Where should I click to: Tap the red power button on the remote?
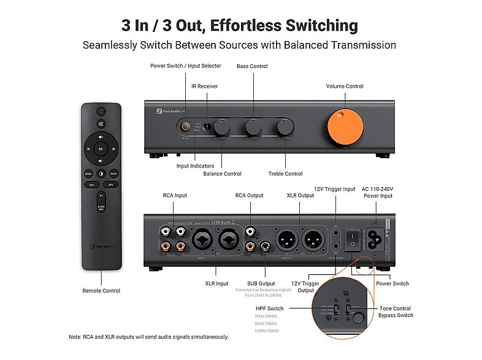click(102, 112)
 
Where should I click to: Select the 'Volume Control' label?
click(345, 86)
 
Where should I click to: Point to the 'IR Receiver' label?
click(205, 86)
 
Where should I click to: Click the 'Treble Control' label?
click(285, 174)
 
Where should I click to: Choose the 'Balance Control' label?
click(222, 174)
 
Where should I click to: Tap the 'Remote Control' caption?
click(101, 291)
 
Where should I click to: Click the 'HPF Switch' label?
click(269, 308)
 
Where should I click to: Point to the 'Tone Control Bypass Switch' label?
click(396, 312)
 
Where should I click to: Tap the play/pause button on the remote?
click(102, 148)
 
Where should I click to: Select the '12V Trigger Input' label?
click(335, 189)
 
